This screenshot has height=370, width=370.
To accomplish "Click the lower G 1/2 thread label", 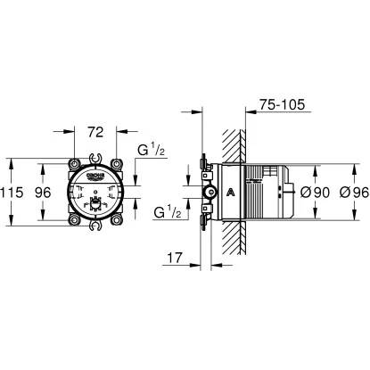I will (x=167, y=212).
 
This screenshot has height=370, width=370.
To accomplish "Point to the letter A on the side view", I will (x=232, y=193).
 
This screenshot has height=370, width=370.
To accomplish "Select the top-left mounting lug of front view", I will (x=72, y=165).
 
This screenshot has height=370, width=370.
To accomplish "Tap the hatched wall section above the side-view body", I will (x=234, y=143).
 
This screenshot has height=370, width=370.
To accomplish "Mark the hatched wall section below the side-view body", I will (x=234, y=241).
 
